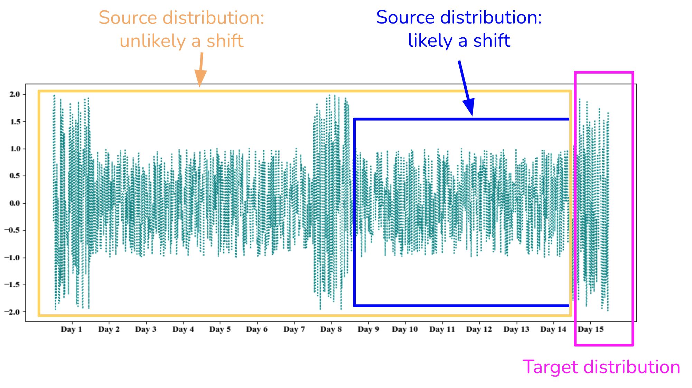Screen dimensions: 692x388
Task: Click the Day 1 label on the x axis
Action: pos(71,329)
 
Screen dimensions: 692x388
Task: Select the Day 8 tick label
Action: pos(331,329)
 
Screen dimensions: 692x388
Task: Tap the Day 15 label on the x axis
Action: pos(591,329)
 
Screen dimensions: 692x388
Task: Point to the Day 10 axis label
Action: pos(405,329)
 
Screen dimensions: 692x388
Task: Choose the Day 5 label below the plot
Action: pos(220,329)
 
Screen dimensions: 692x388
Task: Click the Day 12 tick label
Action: pos(479,329)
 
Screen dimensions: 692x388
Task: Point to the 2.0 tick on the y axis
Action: pos(15,94)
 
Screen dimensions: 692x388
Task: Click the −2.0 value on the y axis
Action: pos(12,312)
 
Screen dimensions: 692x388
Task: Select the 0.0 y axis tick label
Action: pos(15,203)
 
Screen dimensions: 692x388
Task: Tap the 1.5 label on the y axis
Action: pos(15,121)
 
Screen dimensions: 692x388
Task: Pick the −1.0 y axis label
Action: pos(12,257)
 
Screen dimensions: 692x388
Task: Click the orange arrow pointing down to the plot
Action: pos(200,70)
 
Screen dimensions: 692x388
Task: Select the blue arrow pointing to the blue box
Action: pos(466,88)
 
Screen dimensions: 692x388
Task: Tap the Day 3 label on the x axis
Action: pos(146,329)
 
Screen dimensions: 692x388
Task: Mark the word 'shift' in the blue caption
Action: pos(492,40)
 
